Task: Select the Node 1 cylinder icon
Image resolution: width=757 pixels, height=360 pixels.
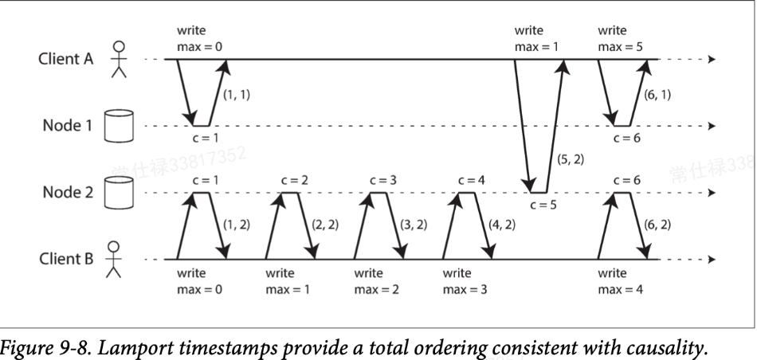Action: (117, 126)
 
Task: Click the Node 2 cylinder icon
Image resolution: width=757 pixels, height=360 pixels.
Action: (117, 193)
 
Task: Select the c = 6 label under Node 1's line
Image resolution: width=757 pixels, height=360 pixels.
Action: (627, 138)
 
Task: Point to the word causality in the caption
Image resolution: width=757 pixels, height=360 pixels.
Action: (656, 347)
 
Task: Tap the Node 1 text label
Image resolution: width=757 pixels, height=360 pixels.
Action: (62, 126)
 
